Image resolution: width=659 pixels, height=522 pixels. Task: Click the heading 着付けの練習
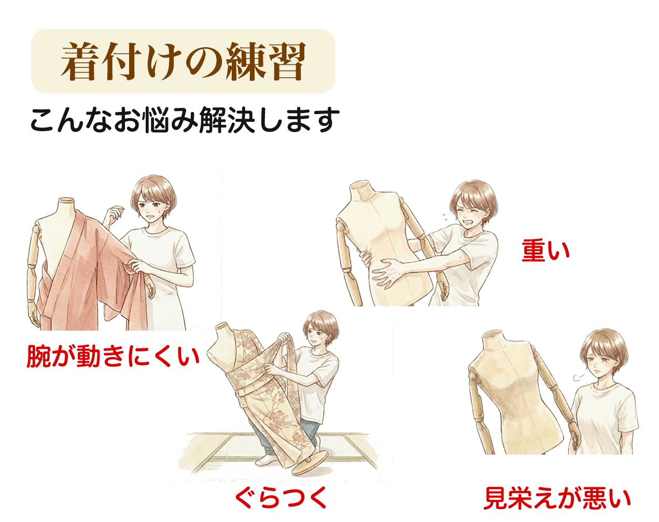183,62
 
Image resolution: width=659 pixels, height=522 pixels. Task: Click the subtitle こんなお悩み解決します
185,121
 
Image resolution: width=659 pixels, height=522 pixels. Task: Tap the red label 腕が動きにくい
113,357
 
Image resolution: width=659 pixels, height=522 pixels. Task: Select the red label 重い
545,250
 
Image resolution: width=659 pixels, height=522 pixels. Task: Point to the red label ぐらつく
281,498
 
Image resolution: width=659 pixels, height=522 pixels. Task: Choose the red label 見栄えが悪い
557,498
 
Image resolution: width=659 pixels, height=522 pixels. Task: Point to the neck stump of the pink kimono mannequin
66,204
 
